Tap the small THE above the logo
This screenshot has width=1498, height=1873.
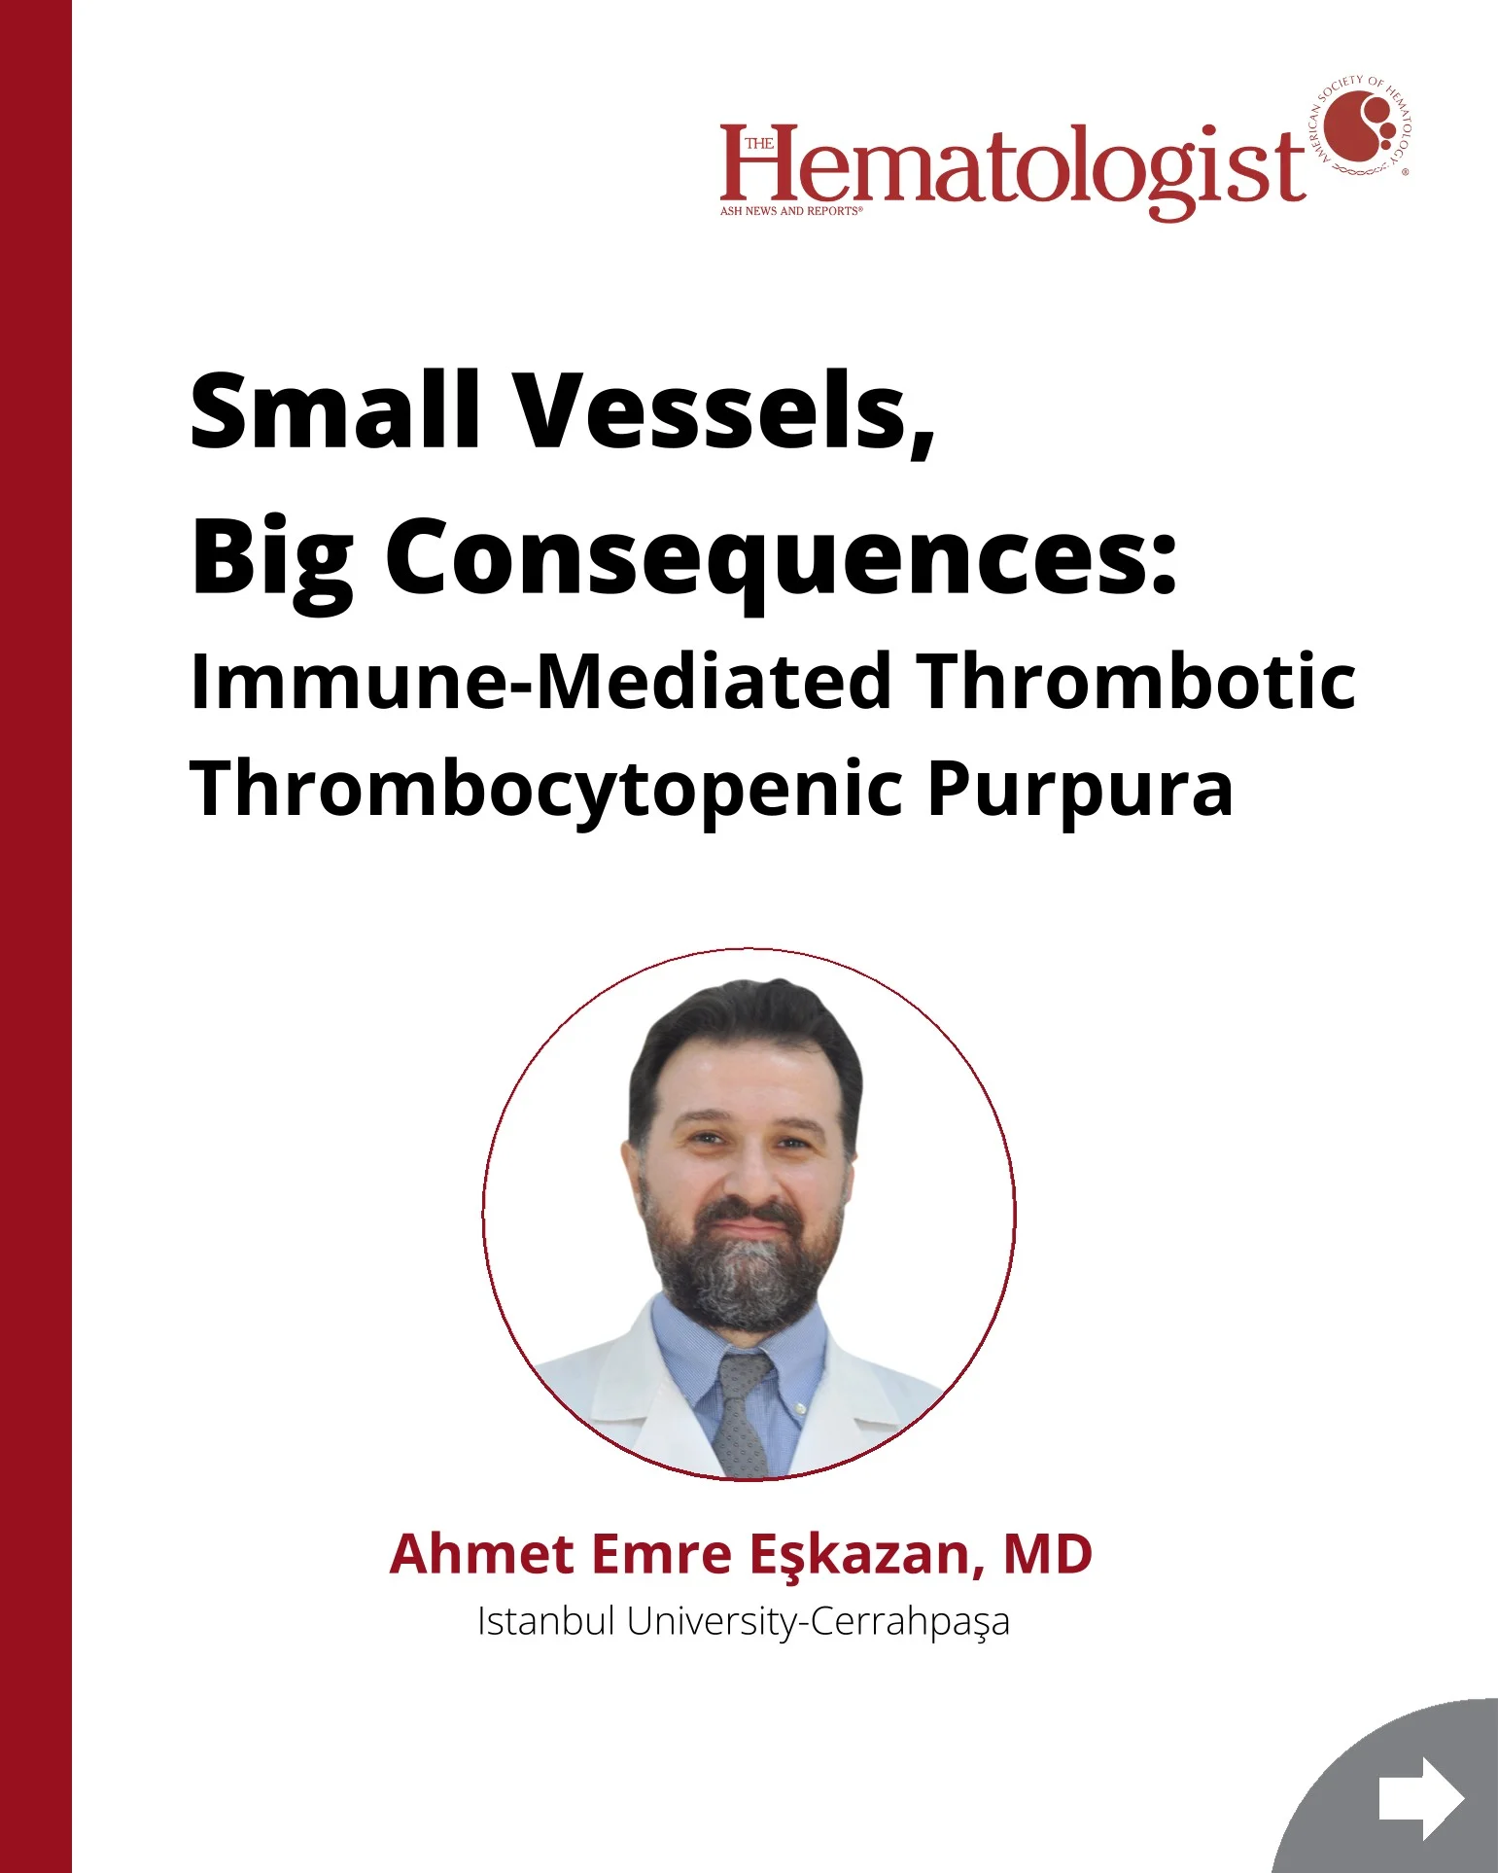pos(760,144)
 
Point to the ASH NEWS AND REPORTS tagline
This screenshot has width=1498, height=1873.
pos(791,210)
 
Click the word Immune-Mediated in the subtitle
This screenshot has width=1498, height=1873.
pos(540,681)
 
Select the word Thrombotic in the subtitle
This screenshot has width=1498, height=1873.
pos(1138,681)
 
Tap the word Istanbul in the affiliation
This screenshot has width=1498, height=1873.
pos(545,1621)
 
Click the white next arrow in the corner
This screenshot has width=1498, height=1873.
pos(1421,1798)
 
